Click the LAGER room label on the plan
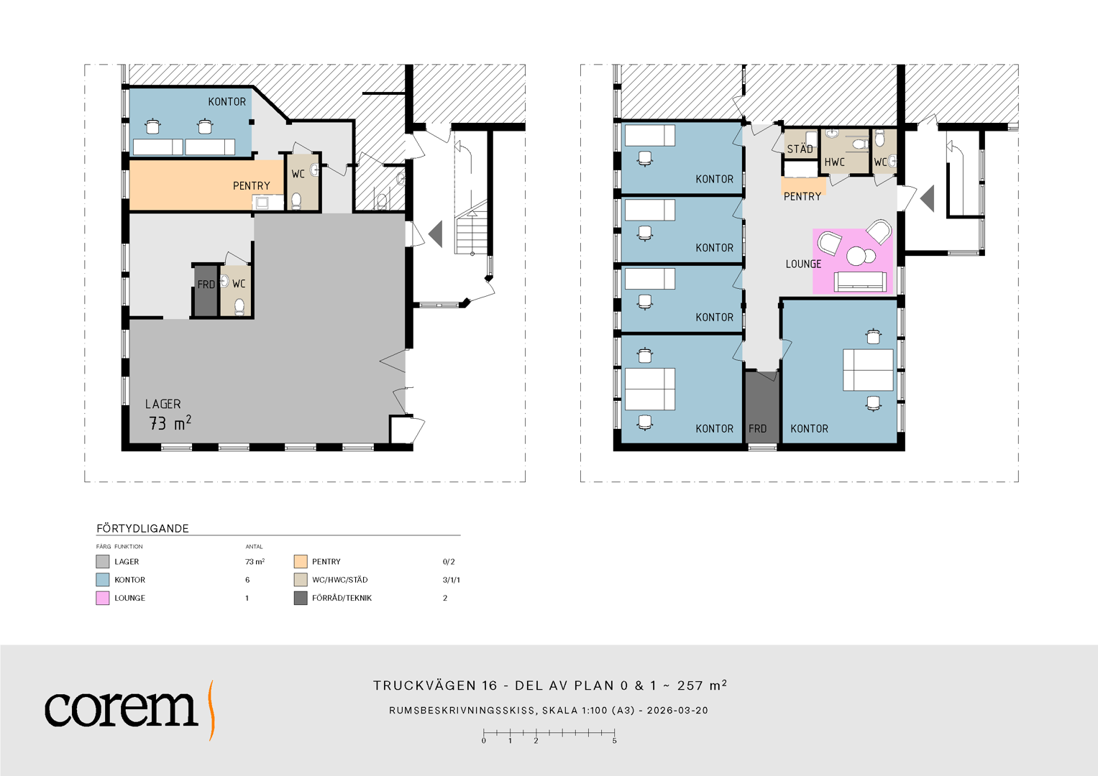[x=163, y=404]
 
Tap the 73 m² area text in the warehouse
[x=170, y=422]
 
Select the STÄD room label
[x=800, y=149]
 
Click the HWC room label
[x=834, y=162]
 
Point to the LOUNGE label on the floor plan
[x=803, y=264]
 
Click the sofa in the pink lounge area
[x=860, y=282]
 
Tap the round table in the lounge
[x=857, y=256]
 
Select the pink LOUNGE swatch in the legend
[x=102, y=598]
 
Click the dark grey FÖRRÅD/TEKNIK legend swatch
[x=301, y=598]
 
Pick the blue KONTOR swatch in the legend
[x=102, y=580]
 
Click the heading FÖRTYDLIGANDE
[x=142, y=529]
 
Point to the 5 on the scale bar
[x=614, y=742]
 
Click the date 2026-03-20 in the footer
[x=677, y=711]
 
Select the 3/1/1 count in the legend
[x=452, y=580]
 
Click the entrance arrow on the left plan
[x=436, y=234]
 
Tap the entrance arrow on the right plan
[x=928, y=198]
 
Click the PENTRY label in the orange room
[x=252, y=186]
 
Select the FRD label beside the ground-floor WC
[x=206, y=285]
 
